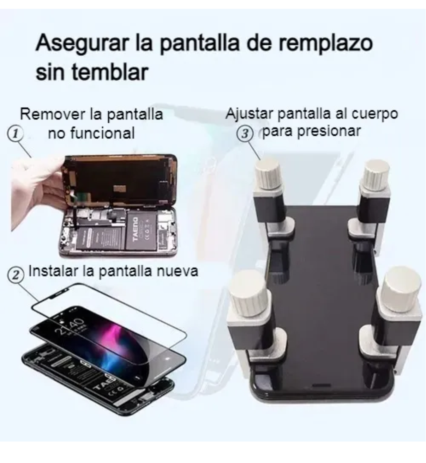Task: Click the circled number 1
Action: point(15,134)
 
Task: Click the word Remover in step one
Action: point(52,115)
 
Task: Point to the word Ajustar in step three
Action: point(249,114)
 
